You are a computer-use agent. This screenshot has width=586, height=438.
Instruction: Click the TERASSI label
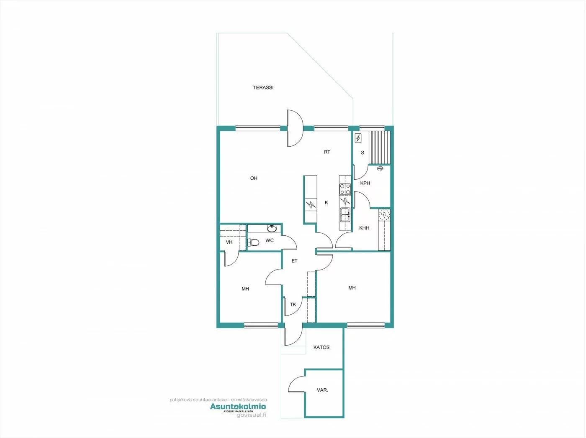[x=263, y=88]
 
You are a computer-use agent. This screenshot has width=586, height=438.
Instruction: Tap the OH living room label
[x=254, y=178]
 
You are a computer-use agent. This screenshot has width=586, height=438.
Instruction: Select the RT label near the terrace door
[x=327, y=152]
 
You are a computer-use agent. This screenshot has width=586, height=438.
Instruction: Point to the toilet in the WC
[x=253, y=242]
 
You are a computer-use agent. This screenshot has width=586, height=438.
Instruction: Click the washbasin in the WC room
[x=272, y=228]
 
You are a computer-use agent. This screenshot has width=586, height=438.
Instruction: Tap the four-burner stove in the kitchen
[x=345, y=189]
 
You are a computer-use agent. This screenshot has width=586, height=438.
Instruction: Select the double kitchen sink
[x=345, y=215]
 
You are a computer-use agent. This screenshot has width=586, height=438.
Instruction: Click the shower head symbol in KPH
[x=380, y=168]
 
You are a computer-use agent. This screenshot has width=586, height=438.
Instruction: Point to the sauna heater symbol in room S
[x=358, y=138]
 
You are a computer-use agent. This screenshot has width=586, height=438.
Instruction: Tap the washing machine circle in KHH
[x=384, y=215]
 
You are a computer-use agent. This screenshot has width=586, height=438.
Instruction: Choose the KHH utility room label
[x=364, y=228]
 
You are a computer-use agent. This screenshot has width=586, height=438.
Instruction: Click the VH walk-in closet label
[x=229, y=242]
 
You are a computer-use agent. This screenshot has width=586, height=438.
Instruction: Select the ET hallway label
[x=294, y=261]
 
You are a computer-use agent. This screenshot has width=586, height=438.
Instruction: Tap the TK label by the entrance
[x=293, y=305]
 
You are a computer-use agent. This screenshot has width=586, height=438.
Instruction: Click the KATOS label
[x=321, y=347]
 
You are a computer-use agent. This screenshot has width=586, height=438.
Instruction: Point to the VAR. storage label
[x=322, y=390]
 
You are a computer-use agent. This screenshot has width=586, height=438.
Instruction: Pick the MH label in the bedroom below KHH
[x=352, y=288]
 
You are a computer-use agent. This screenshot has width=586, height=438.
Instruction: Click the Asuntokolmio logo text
[x=238, y=406]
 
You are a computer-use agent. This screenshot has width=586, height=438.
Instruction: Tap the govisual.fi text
[x=251, y=415]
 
